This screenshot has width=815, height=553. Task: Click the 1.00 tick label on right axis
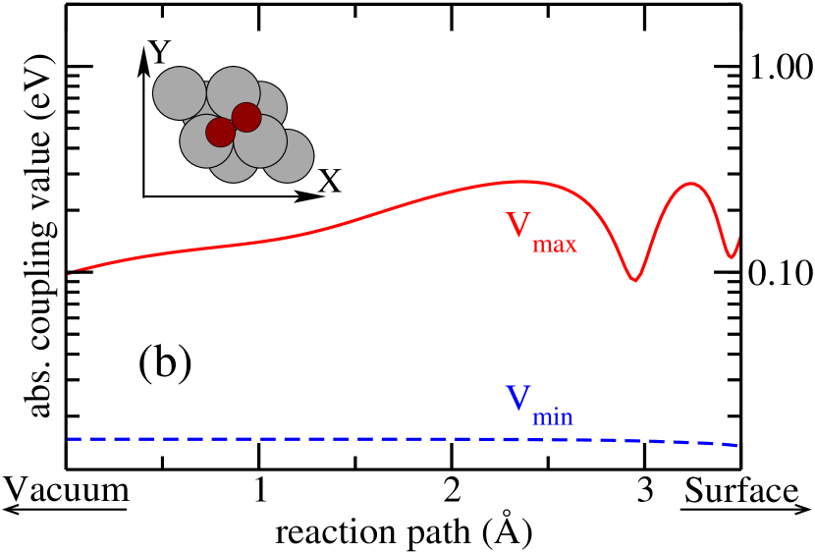[780, 67]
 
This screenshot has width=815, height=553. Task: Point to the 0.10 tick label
[780, 272]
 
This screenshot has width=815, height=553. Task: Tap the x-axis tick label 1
[259, 489]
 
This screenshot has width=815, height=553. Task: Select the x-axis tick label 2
[451, 489]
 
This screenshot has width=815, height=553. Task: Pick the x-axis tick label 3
[644, 489]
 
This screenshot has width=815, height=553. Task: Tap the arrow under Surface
[746, 508]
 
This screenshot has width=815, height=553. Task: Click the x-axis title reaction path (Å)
[404, 531]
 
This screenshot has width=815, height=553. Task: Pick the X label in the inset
[330, 181]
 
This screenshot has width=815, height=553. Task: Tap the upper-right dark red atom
[246, 117]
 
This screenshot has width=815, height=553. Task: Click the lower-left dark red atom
[220, 131]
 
